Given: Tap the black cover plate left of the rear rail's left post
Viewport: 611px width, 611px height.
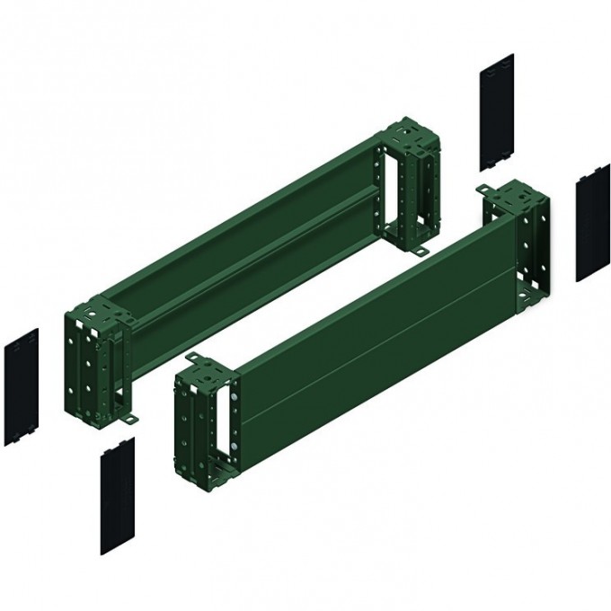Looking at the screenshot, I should point(22,385).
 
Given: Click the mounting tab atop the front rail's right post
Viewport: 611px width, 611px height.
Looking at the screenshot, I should point(486,190).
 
